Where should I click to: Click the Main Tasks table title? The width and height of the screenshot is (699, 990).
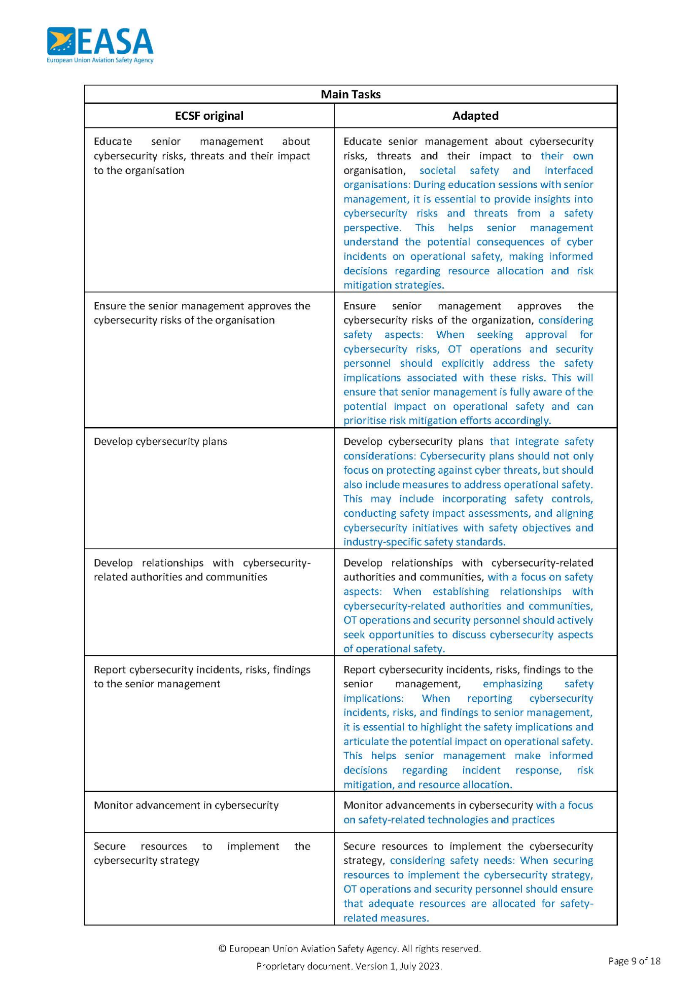click(x=350, y=94)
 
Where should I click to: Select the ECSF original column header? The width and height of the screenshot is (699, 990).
click(x=209, y=116)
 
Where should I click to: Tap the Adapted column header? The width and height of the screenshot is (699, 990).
click(x=475, y=116)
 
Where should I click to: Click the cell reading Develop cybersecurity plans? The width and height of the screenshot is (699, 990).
click(x=160, y=441)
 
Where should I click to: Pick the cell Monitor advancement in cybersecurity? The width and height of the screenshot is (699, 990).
click(x=186, y=805)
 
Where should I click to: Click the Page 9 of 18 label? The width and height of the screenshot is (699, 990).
click(x=634, y=961)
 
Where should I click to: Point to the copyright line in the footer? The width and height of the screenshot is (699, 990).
click(x=350, y=948)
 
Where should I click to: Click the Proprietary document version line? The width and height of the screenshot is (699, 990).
click(x=349, y=966)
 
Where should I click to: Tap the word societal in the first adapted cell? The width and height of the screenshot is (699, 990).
click(x=437, y=170)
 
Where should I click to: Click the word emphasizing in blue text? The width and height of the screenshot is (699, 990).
click(x=512, y=684)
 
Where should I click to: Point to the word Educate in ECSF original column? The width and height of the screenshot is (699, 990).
click(x=113, y=142)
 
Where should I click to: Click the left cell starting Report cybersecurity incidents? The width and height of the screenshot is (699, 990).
click(x=202, y=677)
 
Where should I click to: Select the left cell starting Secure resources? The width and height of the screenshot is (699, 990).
click(x=202, y=853)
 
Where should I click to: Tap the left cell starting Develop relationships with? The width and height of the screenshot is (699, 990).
click(x=202, y=570)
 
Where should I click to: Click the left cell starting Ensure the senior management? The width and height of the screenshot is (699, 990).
click(x=202, y=313)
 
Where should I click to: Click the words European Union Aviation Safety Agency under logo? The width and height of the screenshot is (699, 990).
click(x=100, y=60)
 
